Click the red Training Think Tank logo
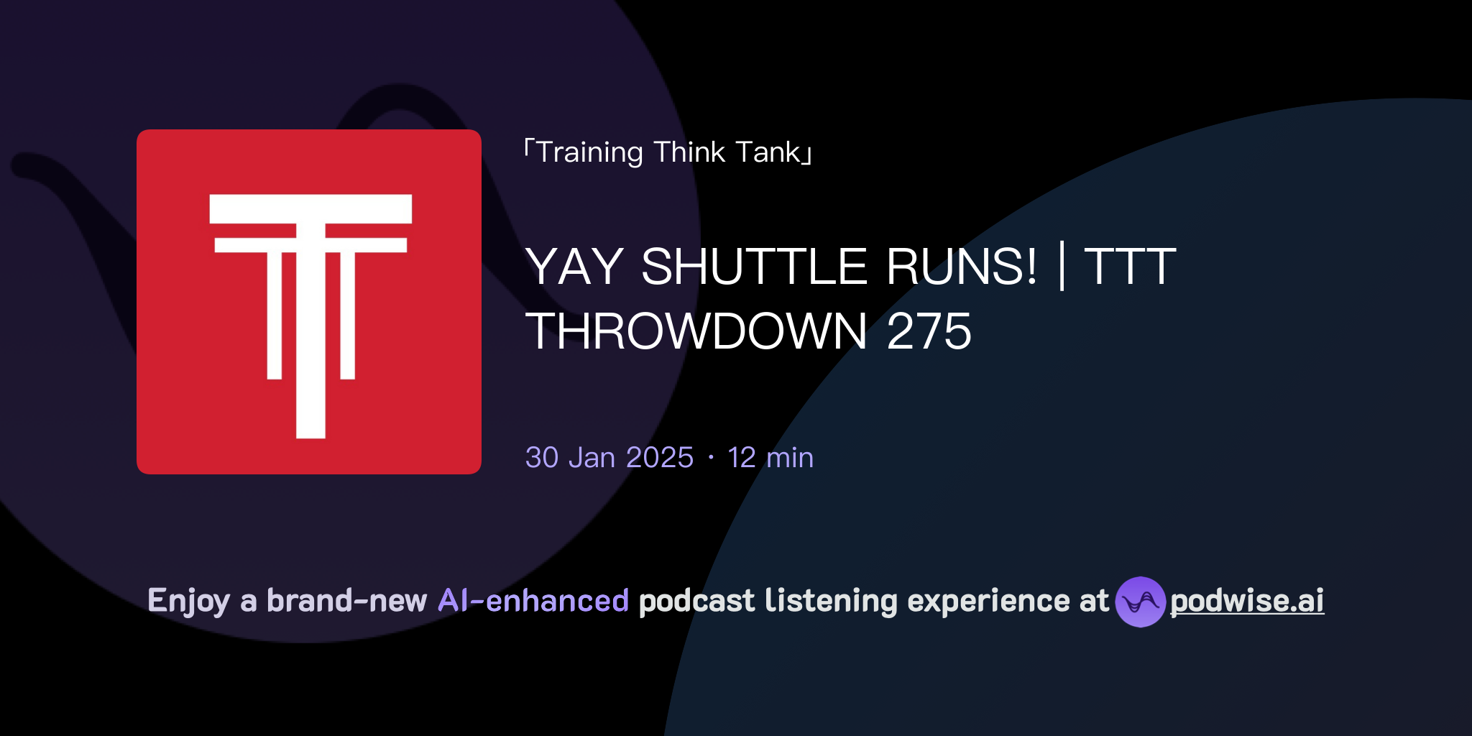pyautogui.click(x=309, y=302)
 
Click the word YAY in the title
pyautogui.click(x=574, y=267)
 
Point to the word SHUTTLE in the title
pyautogui.click(x=754, y=267)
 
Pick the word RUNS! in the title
pyautogui.click(x=962, y=267)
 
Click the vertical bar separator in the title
pyautogui.click(x=1062, y=267)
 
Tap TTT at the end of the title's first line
pyautogui.click(x=1130, y=267)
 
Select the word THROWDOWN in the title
pyautogui.click(x=696, y=331)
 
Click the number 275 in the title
pyautogui.click(x=929, y=331)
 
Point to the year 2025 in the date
pyautogui.click(x=659, y=458)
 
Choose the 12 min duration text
pyautogui.click(x=770, y=458)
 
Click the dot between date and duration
pyautogui.click(x=711, y=458)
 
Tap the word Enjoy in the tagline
pyautogui.click(x=188, y=601)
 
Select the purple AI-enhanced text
pyautogui.click(x=533, y=601)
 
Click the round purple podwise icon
pyautogui.click(x=1140, y=602)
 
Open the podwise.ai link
pyautogui.click(x=1247, y=601)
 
